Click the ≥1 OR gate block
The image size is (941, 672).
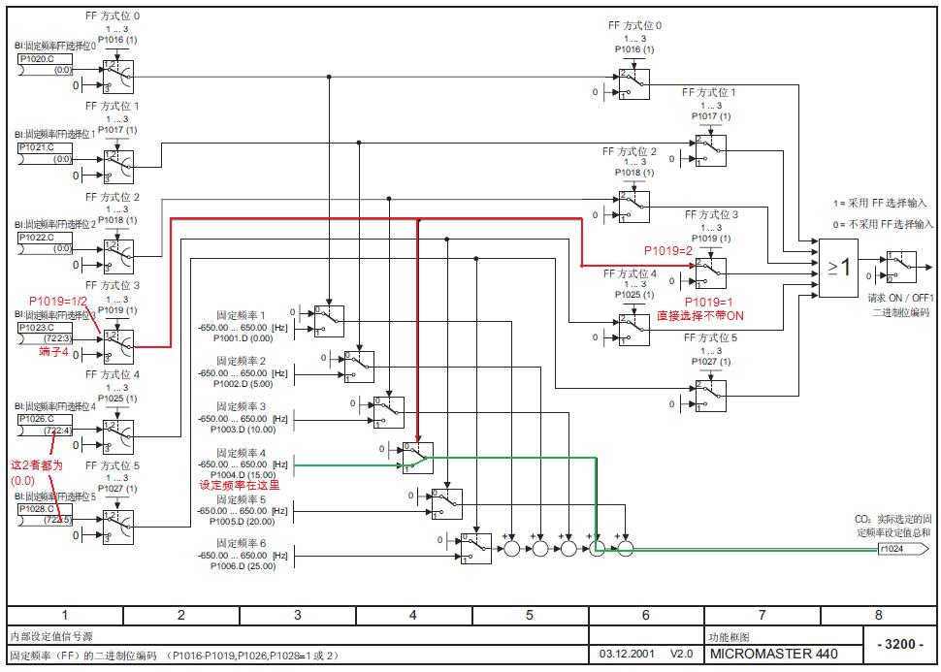(840, 268)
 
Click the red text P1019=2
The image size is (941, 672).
(669, 250)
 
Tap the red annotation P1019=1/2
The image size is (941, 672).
(57, 301)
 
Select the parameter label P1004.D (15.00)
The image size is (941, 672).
(243, 474)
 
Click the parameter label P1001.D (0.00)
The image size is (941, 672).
(243, 338)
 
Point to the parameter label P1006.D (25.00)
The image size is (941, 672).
(243, 566)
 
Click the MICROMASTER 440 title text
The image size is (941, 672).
(772, 654)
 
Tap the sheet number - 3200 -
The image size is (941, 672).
(899, 645)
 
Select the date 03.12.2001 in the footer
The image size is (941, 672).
(627, 654)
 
